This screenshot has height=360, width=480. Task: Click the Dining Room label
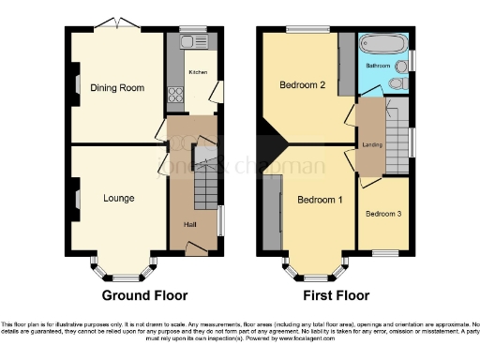pyautogui.click(x=117, y=88)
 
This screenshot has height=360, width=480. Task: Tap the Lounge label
pyautogui.click(x=118, y=198)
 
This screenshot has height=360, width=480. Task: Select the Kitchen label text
pyautogui.click(x=198, y=72)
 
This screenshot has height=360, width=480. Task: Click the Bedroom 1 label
pyautogui.click(x=320, y=201)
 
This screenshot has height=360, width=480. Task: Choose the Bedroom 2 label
pyautogui.click(x=302, y=85)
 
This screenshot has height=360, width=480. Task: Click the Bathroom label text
pyautogui.click(x=378, y=66)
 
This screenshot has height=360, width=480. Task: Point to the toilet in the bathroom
pyautogui.click(x=397, y=84)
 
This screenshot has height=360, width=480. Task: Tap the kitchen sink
pyautogui.click(x=196, y=42)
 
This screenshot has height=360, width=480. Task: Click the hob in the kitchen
pyautogui.click(x=173, y=93)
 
